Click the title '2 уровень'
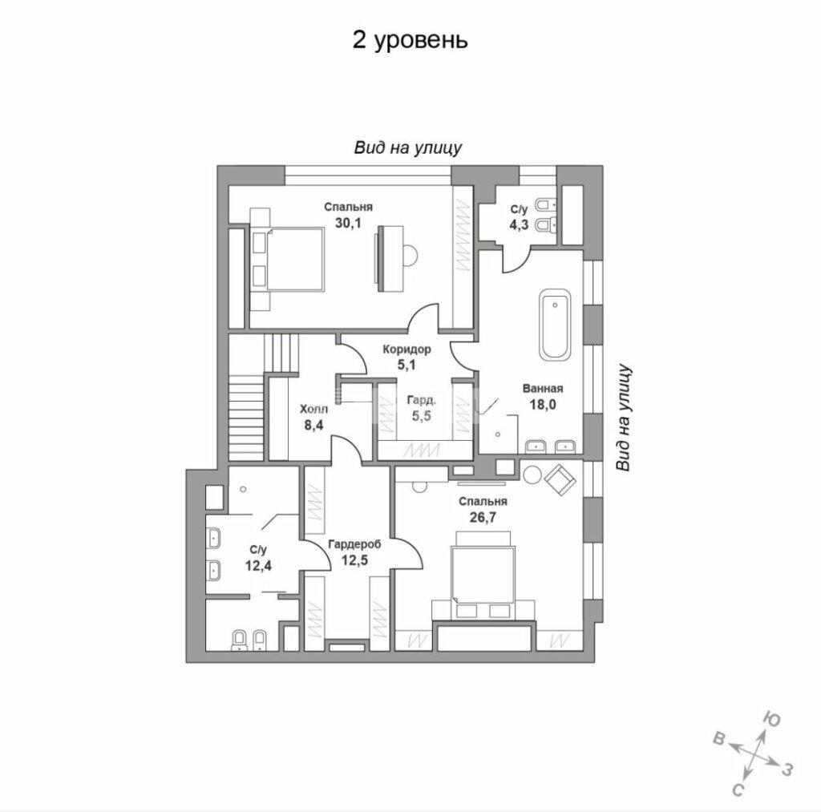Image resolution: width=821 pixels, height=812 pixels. [410, 40]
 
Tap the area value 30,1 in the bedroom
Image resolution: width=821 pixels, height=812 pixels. [348, 223]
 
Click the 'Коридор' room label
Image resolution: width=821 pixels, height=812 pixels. [406, 349]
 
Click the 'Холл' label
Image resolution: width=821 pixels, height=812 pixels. [313, 409]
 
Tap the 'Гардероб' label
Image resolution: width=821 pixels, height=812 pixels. [354, 544]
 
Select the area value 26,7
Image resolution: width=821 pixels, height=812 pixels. [483, 517]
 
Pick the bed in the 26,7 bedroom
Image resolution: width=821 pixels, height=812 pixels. [483, 576]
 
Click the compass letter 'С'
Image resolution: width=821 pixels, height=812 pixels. [738, 790]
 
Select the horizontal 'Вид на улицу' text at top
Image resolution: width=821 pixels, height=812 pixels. [408, 148]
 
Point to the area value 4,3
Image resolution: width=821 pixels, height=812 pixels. [519, 224]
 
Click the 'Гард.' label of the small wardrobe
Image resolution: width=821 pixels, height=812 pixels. [422, 401]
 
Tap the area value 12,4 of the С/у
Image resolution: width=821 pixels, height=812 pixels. [258, 565]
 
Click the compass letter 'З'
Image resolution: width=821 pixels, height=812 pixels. [787, 770]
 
